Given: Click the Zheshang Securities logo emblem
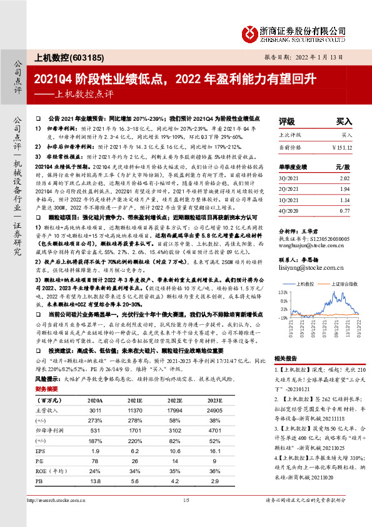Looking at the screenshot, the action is click(251, 34).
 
